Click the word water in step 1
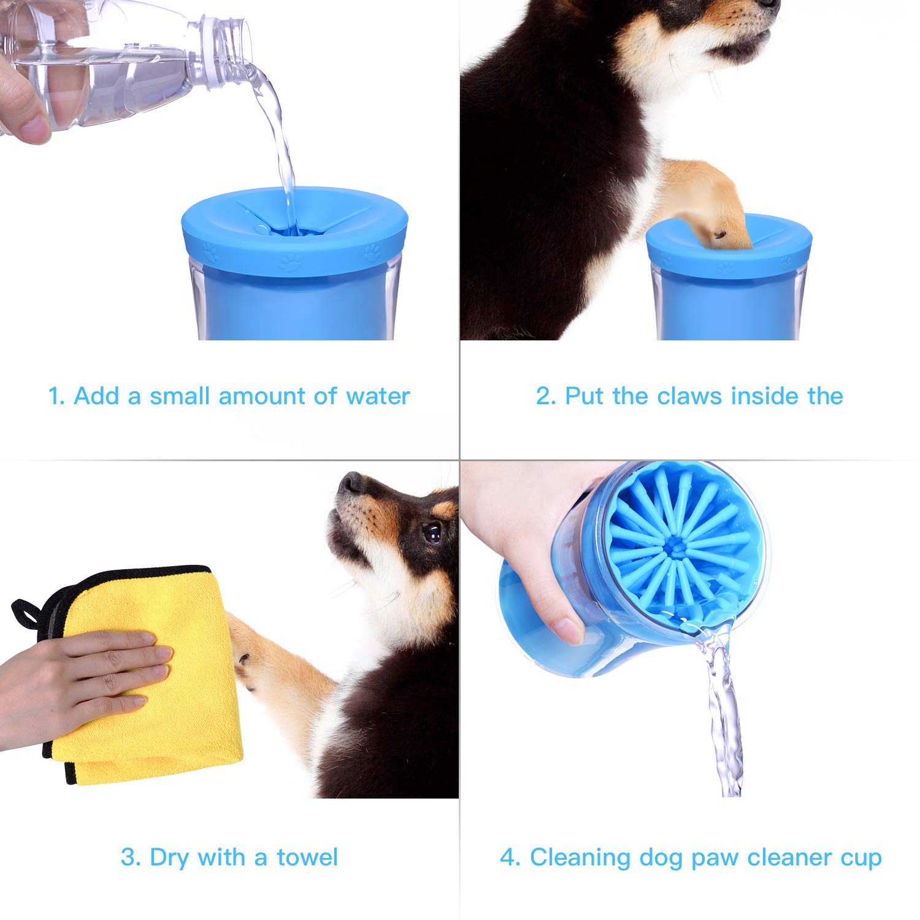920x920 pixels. (x=377, y=396)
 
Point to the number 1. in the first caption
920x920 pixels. (x=56, y=396)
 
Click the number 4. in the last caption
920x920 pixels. (x=510, y=857)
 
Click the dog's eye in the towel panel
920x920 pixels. (x=433, y=532)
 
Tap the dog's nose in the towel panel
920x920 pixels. (x=351, y=483)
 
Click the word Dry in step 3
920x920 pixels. (x=169, y=857)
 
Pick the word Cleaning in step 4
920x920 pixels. (x=580, y=857)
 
